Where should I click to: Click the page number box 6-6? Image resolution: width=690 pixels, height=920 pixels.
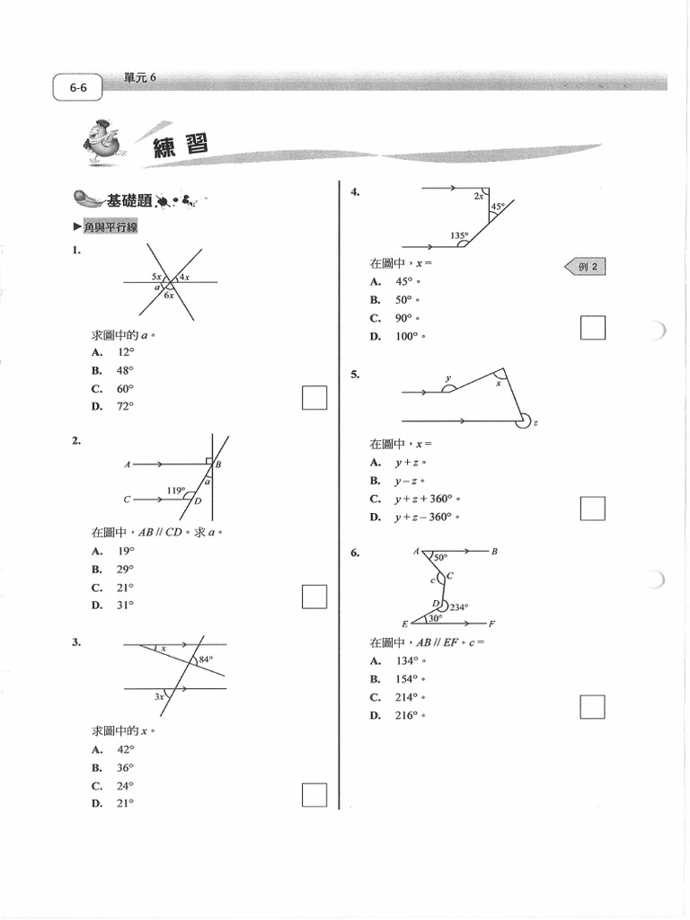77,88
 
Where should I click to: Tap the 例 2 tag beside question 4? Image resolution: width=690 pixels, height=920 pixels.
585,266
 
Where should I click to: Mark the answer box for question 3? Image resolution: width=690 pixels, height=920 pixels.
314,795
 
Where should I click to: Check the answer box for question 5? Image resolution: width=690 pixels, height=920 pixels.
592,509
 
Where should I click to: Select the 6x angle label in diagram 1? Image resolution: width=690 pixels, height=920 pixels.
169,295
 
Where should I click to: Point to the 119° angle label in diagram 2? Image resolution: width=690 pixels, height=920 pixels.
176,491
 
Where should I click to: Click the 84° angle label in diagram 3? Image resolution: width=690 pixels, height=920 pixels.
205,660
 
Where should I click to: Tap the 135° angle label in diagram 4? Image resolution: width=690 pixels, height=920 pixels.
459,235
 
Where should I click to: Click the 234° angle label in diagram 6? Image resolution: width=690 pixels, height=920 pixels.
459,607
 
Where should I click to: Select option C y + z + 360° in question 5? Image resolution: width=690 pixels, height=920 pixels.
426,499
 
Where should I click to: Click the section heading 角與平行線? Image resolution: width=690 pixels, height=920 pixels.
111,228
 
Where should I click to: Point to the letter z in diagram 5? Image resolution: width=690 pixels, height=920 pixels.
535,423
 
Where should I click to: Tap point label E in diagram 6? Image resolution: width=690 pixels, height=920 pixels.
404,624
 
